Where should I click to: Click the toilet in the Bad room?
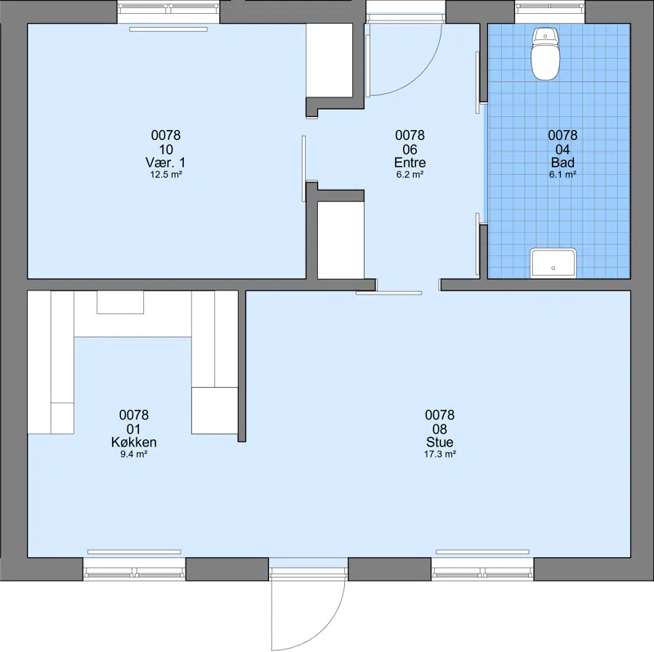(x=545, y=54)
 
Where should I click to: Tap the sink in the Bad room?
(x=553, y=263)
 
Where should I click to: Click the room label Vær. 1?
(x=166, y=162)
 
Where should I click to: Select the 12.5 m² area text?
(x=166, y=174)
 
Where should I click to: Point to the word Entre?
(x=410, y=162)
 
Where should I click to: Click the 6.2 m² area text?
(x=410, y=174)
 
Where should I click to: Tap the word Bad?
(x=562, y=162)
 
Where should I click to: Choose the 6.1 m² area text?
(x=562, y=174)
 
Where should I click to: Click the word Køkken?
(x=134, y=442)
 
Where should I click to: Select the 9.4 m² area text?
(x=134, y=454)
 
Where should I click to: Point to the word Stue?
(x=440, y=442)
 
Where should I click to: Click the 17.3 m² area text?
(x=440, y=454)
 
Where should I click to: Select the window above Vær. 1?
(x=168, y=12)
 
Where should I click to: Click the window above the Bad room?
(x=549, y=12)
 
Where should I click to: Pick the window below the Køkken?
(x=134, y=569)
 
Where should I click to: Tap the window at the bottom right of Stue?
(x=482, y=569)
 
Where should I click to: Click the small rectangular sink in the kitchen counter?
(x=120, y=302)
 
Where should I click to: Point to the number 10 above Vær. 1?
(x=166, y=150)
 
